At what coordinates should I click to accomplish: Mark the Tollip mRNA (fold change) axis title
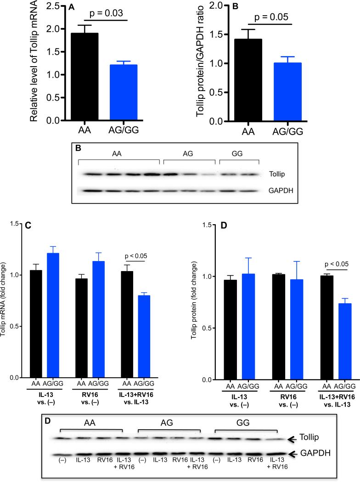6,301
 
